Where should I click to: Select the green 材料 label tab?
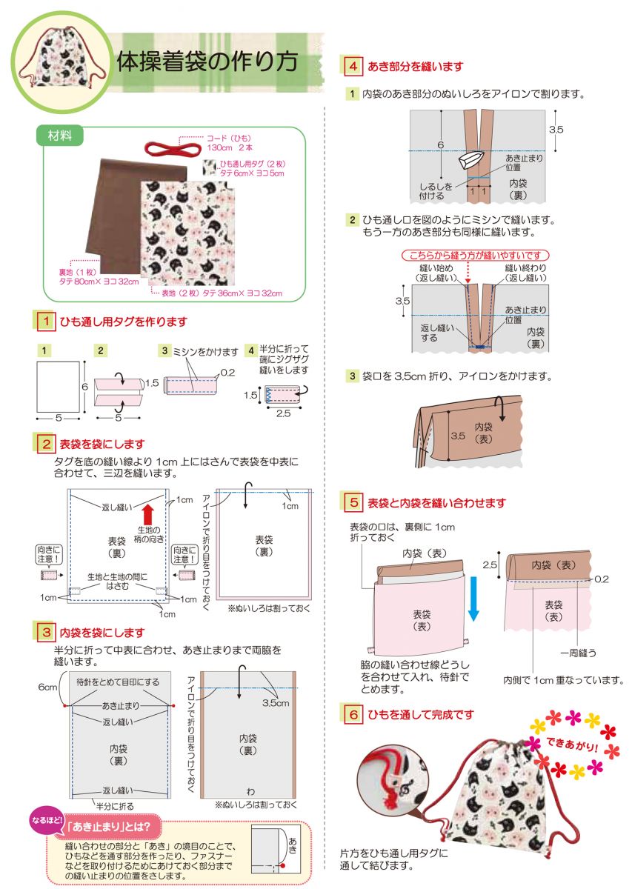[60, 136]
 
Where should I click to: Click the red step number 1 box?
[46, 321]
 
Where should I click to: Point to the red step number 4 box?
[353, 66]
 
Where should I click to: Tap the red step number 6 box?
[353, 714]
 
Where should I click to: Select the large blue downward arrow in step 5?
[473, 599]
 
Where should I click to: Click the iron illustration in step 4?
[470, 160]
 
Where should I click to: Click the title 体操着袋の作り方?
[207, 61]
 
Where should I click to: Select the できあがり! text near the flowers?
[572, 744]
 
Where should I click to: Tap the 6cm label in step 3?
[47, 687]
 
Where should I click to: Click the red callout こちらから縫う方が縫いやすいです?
[475, 255]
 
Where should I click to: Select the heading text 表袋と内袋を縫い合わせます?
[436, 503]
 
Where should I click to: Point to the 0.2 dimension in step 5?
[602, 579]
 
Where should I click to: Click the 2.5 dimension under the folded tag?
[283, 413]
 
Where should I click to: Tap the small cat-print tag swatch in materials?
[209, 167]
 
